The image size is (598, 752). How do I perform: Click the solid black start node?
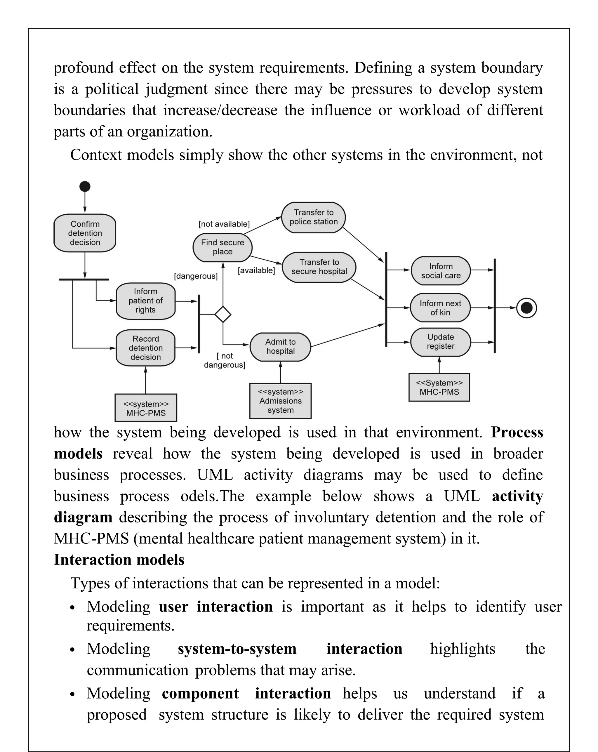click(x=85, y=186)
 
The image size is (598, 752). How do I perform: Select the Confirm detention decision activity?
click(x=85, y=233)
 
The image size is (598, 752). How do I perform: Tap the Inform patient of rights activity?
click(x=145, y=301)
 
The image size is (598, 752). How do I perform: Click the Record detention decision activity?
click(x=145, y=348)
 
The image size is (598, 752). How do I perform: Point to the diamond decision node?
click(x=223, y=314)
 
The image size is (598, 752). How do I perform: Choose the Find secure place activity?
click(x=222, y=247)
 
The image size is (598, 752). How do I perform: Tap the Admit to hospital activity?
click(x=280, y=346)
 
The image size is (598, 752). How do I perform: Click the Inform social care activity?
click(x=440, y=271)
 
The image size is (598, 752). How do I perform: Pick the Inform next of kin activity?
click(x=440, y=308)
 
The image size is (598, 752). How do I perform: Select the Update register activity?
click(x=440, y=341)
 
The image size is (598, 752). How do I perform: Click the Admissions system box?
click(x=280, y=401)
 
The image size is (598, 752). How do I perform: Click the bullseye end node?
click(x=526, y=308)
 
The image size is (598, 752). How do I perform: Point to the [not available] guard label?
click(x=224, y=224)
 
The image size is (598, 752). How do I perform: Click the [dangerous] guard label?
click(x=196, y=276)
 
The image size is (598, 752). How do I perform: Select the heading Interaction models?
click(x=119, y=560)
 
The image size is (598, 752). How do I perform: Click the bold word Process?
click(x=517, y=432)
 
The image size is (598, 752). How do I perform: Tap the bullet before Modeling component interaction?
click(x=72, y=694)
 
